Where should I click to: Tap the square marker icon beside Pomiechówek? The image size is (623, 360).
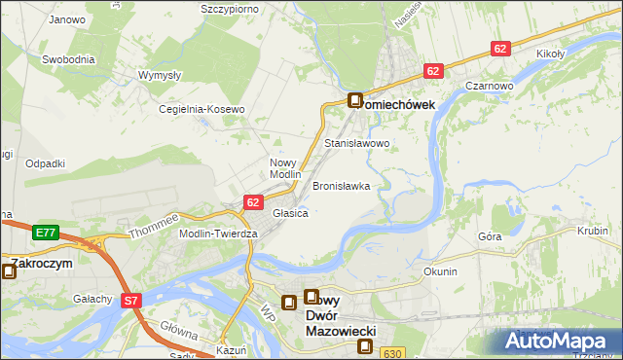pos(355,100)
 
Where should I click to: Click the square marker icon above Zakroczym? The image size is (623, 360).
pos(9,271)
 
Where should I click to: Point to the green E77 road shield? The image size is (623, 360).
pos(45,233)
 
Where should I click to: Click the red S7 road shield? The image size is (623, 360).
pos(132,303)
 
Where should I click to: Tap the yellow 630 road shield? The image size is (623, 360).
pos(391,353)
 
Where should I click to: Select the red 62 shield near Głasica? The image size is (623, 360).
pos(252,202)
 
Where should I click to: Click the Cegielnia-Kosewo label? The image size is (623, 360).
pos(202,109)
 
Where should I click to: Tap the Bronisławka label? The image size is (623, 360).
pos(341,185)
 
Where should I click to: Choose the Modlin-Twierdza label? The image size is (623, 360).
pos(217,234)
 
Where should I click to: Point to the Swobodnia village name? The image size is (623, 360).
pos(68,58)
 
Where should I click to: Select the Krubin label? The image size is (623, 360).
pos(592,231)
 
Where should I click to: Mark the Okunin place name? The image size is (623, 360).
pos(440,271)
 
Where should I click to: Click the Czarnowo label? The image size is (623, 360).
pos(489,86)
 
